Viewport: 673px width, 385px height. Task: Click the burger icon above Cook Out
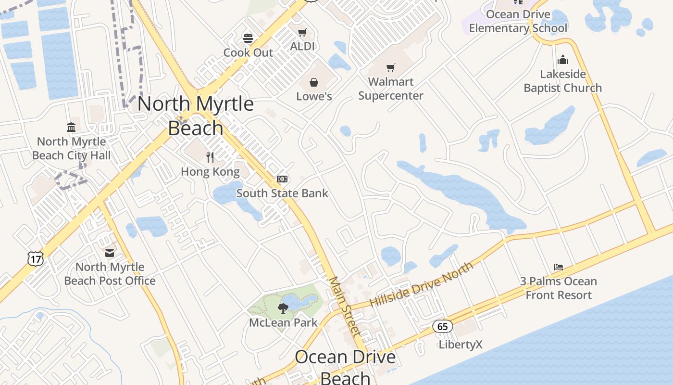coord(248,38)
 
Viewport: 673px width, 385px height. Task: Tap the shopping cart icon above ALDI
coord(302,33)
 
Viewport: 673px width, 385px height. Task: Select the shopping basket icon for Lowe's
coord(314,82)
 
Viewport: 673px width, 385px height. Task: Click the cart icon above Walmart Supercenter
coord(391,68)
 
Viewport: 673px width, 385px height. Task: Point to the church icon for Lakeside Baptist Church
coord(562,60)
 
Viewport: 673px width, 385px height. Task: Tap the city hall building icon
coord(71,128)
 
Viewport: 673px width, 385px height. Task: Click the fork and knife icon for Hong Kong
coord(210,157)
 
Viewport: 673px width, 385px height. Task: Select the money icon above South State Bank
coord(282,179)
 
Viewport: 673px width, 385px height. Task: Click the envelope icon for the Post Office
coord(110,253)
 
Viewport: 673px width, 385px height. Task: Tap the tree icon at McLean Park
coord(283,308)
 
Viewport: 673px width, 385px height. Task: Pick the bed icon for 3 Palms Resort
coord(558,267)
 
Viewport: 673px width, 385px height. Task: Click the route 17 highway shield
coord(36,259)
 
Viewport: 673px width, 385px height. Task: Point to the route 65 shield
coord(442,326)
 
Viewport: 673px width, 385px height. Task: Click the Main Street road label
coord(344,307)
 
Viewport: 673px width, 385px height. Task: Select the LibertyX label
coord(460,345)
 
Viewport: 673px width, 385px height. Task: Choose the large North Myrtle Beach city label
coord(196,115)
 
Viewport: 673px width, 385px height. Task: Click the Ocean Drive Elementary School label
coord(518,21)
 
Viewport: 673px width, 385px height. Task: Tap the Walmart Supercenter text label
coord(391,89)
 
